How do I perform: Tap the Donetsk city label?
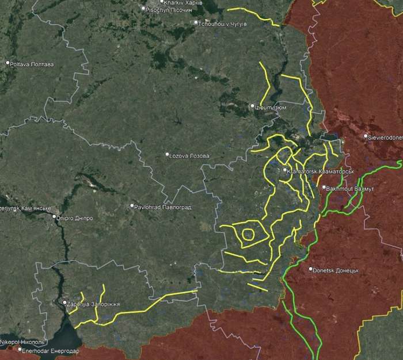336,270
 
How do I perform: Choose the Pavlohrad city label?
163,206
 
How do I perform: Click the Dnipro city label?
75,218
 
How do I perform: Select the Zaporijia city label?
94,303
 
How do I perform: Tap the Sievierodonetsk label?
386,137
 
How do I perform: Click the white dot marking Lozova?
168,155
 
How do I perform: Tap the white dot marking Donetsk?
310,269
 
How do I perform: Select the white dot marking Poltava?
8,63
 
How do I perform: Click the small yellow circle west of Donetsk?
248,233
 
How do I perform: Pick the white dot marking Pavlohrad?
132,206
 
